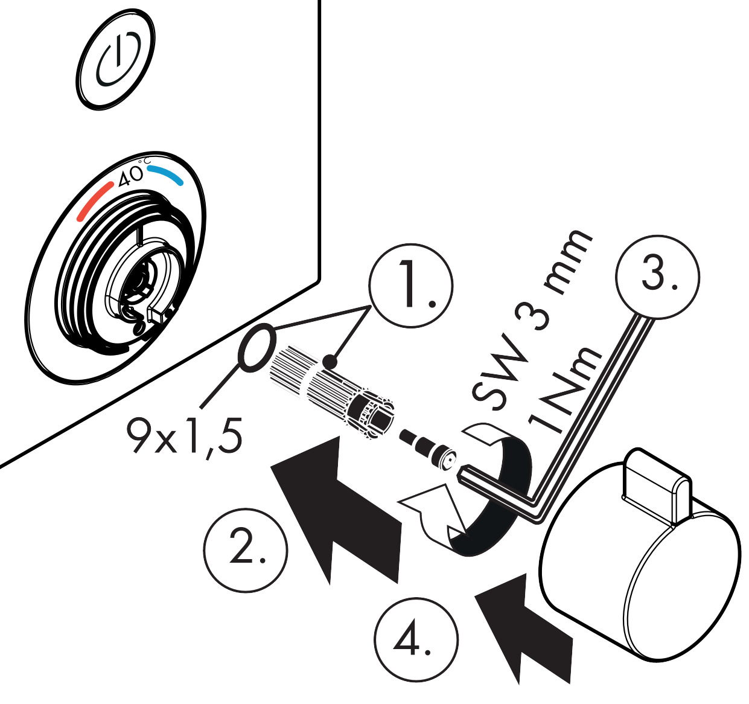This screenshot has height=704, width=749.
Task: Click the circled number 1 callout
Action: coord(411,284)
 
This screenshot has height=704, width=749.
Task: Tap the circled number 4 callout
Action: coord(416,639)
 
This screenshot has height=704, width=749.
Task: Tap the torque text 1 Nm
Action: coord(564,392)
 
